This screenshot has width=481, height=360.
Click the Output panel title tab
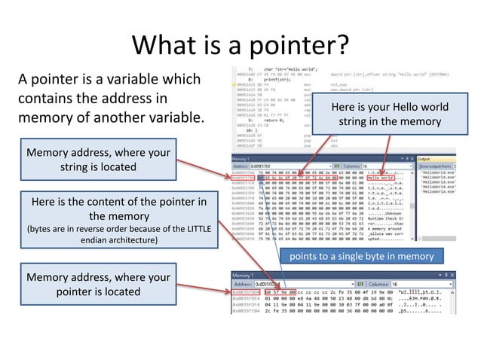tap(426, 159)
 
